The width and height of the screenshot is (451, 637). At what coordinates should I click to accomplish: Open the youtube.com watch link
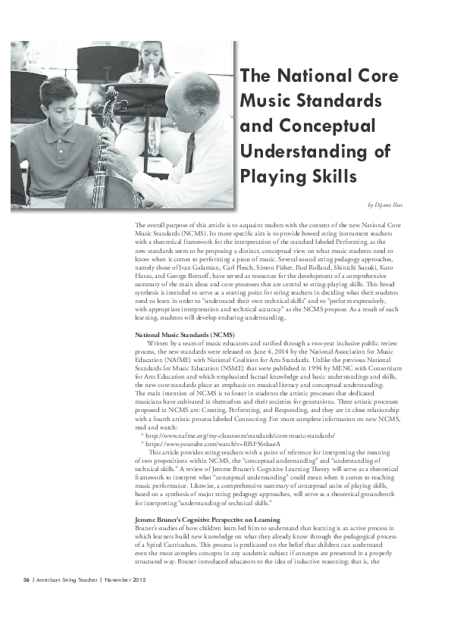205,445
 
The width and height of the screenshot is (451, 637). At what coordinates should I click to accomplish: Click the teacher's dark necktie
190,152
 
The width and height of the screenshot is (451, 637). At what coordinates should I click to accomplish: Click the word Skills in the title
328,176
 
